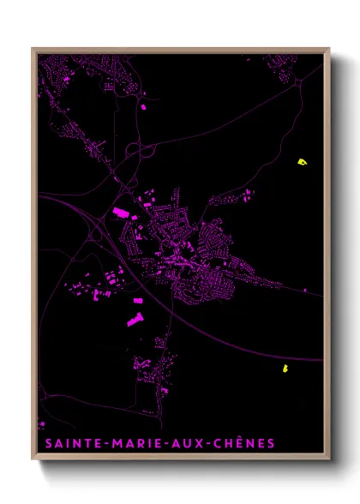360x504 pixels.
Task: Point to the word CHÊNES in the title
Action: (245, 443)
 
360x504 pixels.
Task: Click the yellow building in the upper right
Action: (301, 161)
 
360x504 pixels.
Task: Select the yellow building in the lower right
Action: (283, 369)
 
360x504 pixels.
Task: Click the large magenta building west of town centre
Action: (119, 212)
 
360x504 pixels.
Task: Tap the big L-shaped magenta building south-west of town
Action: (135, 321)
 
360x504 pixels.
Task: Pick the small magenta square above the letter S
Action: (40, 425)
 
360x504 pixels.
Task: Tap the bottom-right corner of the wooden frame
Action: (329, 460)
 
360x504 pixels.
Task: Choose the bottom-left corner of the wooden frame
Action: (33, 460)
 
